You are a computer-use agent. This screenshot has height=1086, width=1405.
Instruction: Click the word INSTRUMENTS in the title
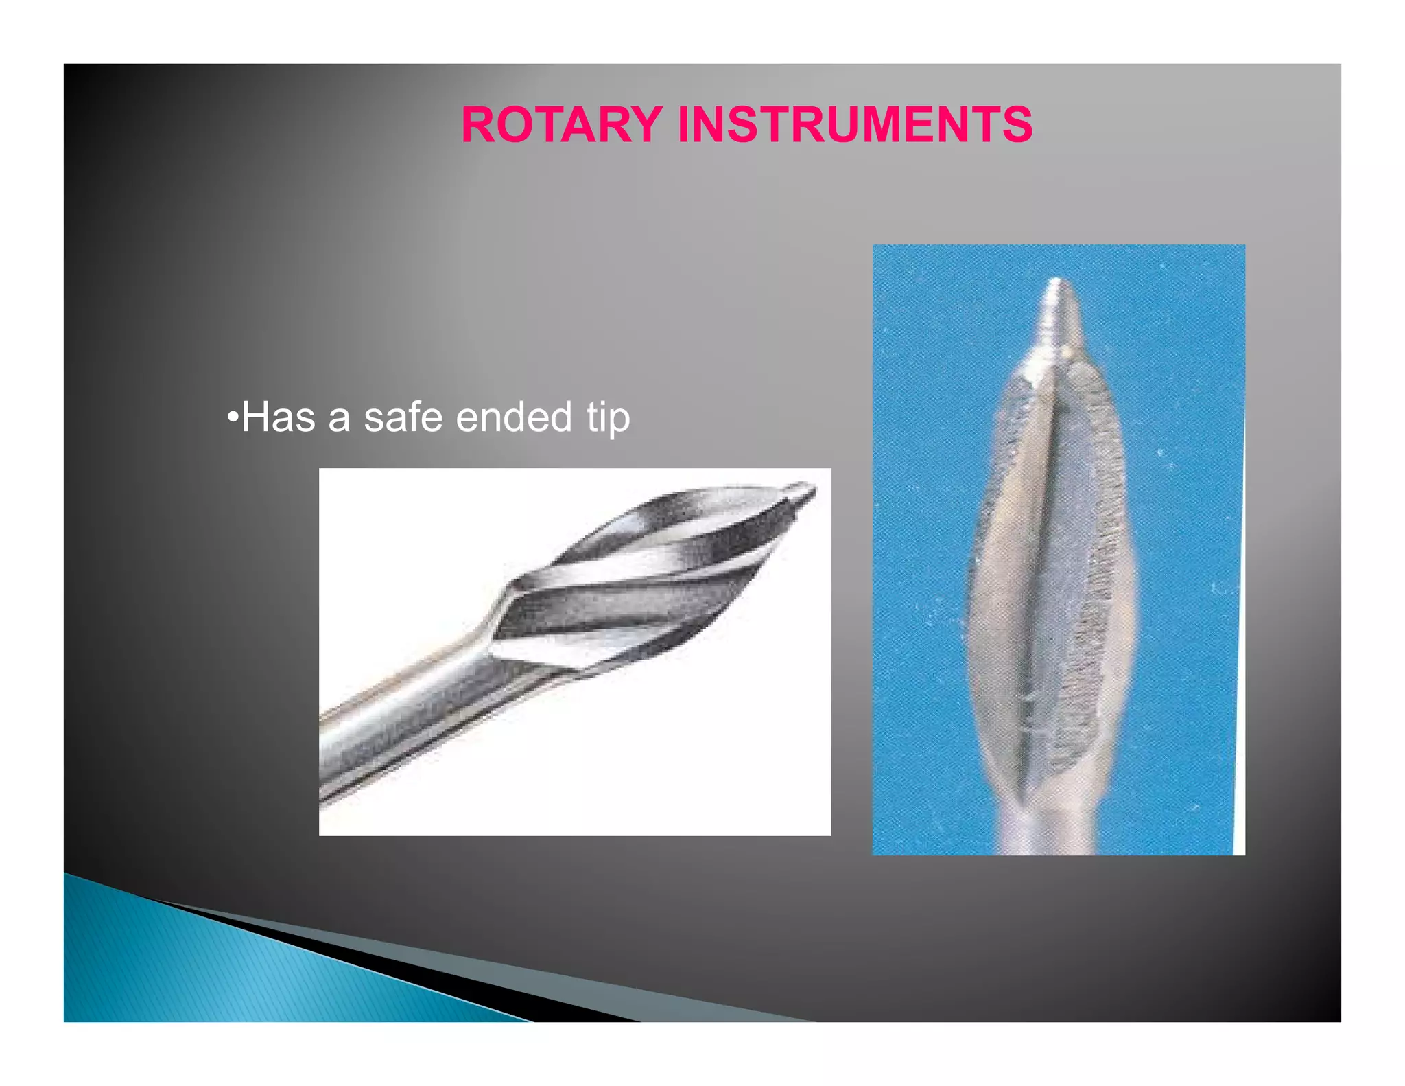pos(854,125)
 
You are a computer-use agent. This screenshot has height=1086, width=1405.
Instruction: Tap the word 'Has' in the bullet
pos(278,417)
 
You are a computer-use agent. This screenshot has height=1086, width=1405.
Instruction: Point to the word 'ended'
pos(513,417)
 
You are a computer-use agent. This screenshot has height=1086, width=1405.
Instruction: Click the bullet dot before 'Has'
pos(233,417)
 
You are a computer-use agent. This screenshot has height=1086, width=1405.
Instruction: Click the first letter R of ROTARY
pos(480,125)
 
